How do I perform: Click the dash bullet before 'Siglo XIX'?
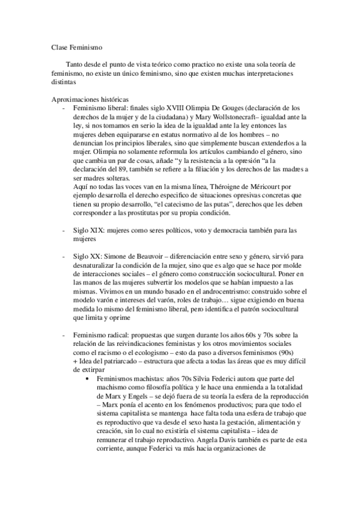coord(64,230)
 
